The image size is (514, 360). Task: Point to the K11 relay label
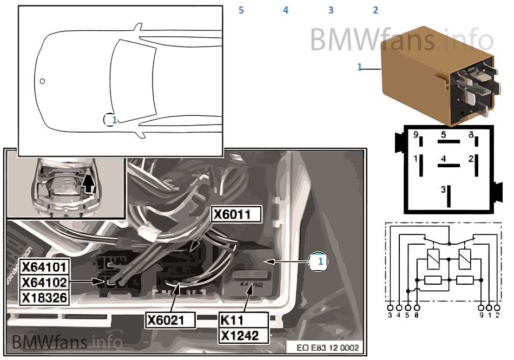pyautogui.click(x=232, y=320)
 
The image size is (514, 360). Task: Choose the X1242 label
pyautogui.click(x=243, y=335)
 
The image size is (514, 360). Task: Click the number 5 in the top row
pyautogui.click(x=241, y=10)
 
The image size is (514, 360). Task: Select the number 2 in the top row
pyautogui.click(x=375, y=10)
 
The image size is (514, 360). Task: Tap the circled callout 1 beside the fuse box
pyautogui.click(x=320, y=261)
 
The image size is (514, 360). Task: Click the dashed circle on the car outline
pyautogui.click(x=110, y=119)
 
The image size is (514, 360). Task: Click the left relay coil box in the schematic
pyautogui.click(x=433, y=259)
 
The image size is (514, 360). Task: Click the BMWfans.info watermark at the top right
pyautogui.click(x=401, y=39)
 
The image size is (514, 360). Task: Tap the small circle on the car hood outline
pyautogui.click(x=43, y=81)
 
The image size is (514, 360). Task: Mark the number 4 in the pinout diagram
pyautogui.click(x=443, y=159)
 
